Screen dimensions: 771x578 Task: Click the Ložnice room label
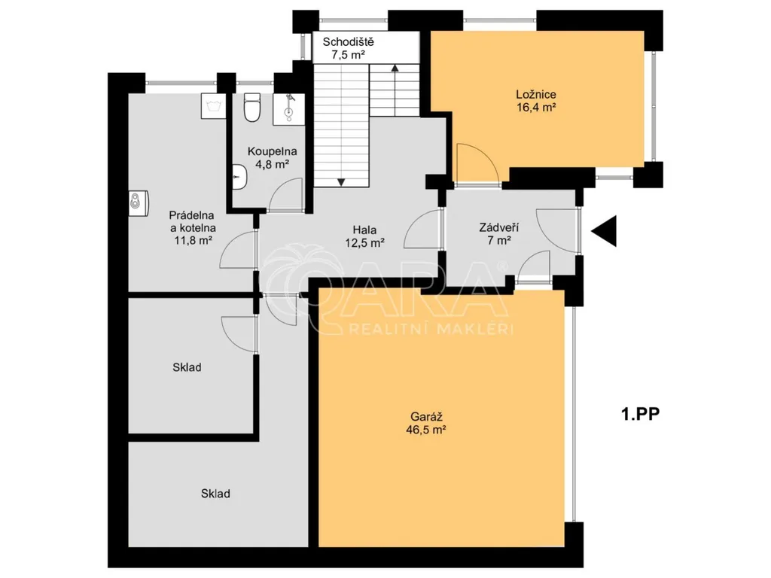pyautogui.click(x=536, y=101)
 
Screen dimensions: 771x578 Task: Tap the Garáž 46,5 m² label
pyautogui.click(x=426, y=423)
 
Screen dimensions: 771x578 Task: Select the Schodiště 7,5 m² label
pyautogui.click(x=348, y=48)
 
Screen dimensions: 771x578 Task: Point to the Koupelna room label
pyautogui.click(x=272, y=157)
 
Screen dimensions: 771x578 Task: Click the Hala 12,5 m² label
pyautogui.click(x=364, y=236)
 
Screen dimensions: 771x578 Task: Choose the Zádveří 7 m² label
pyautogui.click(x=498, y=234)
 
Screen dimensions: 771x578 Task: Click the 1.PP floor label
pyautogui.click(x=640, y=414)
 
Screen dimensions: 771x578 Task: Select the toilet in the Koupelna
pyautogui.click(x=252, y=108)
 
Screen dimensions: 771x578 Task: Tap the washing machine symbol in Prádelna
pyautogui.click(x=213, y=105)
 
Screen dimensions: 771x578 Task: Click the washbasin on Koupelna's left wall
pyautogui.click(x=239, y=176)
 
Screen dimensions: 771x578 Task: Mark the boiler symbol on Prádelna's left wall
pyautogui.click(x=139, y=203)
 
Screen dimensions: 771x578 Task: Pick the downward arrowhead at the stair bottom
pyautogui.click(x=341, y=182)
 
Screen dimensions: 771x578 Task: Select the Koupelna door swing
pyautogui.click(x=286, y=194)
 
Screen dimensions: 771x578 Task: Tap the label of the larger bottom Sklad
pyautogui.click(x=215, y=494)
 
